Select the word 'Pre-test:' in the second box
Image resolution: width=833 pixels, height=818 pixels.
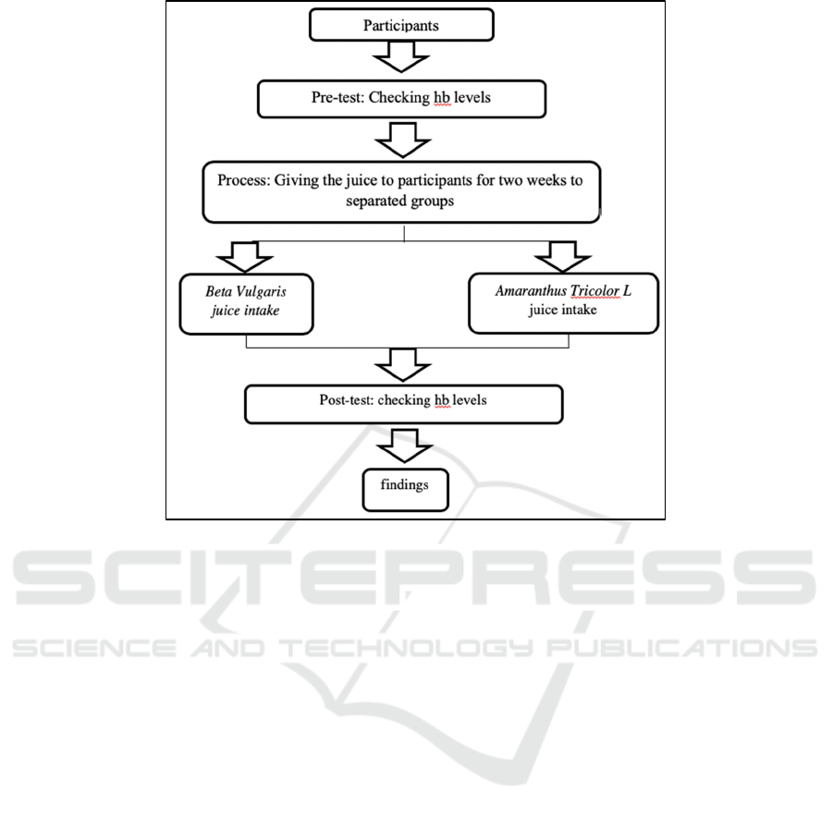pyautogui.click(x=337, y=97)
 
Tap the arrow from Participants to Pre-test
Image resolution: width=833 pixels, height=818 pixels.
pyautogui.click(x=401, y=56)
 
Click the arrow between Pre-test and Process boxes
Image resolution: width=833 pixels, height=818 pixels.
pyautogui.click(x=403, y=140)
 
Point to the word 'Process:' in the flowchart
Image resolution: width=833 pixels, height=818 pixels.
pyautogui.click(x=244, y=180)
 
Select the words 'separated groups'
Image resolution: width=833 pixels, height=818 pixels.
pyautogui.click(x=400, y=201)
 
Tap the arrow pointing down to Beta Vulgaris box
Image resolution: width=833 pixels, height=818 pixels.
pyautogui.click(x=245, y=258)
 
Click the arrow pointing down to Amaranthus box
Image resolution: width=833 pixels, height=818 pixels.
pyautogui.click(x=563, y=257)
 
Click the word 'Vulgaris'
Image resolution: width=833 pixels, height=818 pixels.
pyautogui.click(x=261, y=291)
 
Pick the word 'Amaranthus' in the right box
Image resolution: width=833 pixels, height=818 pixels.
pyautogui.click(x=531, y=290)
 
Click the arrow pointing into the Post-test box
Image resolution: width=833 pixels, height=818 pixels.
pyautogui.click(x=403, y=365)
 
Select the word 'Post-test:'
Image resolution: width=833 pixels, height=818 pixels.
pyautogui.click(x=347, y=400)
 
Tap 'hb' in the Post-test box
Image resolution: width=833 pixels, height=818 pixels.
pyautogui.click(x=442, y=400)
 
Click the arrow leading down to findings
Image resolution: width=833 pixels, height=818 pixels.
pyautogui.click(x=405, y=446)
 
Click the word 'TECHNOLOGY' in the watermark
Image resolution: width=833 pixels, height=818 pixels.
pyautogui.click(x=405, y=649)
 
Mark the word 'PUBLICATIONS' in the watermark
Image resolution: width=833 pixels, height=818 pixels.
pyautogui.click(x=681, y=648)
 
